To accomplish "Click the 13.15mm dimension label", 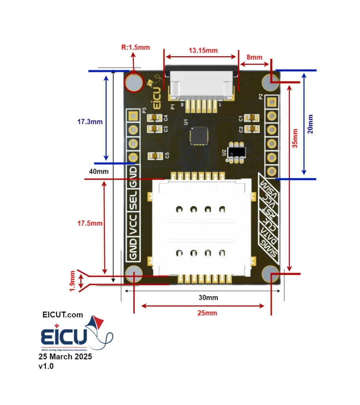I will coord(203,51).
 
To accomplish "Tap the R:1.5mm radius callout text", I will coord(135,47).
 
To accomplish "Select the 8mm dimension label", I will coord(254,57).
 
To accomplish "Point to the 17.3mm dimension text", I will coord(89,122).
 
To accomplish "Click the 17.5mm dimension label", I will coord(89,223).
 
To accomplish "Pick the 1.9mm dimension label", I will coord(72,281).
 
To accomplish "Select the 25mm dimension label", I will coord(207,313).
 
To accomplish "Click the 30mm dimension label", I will coord(208,297).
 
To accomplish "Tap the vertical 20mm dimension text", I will coord(310,124).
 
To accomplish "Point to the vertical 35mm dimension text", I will coord(294,138).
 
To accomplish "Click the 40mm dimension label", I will coord(98,172).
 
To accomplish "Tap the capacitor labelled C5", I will coord(155,156).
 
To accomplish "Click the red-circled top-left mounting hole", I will coord(134,82).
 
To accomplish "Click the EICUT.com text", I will coord(63,315).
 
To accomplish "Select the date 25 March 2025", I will coord(65,356).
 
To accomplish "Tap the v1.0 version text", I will coord(46,366).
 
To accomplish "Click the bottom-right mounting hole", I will coord(271,274).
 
